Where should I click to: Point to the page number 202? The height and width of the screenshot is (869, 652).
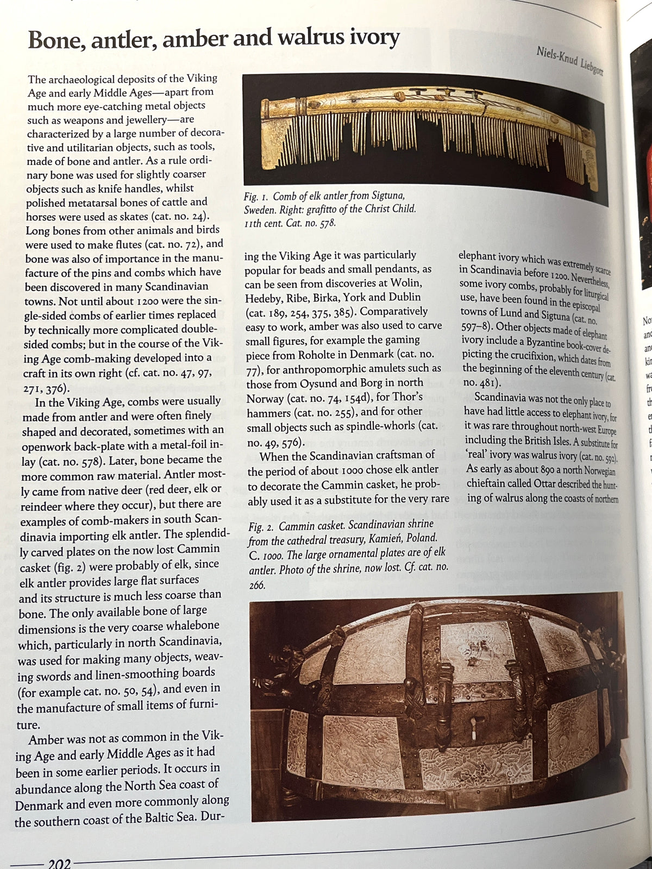click(x=59, y=862)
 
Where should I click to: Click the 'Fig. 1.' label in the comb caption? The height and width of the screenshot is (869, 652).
click(x=256, y=197)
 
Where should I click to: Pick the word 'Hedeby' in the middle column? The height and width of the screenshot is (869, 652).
click(x=263, y=298)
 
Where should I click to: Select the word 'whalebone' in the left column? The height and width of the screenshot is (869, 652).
click(x=192, y=626)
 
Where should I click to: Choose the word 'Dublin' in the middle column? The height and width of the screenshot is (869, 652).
click(x=403, y=297)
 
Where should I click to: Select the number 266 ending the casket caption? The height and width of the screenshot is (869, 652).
click(x=257, y=585)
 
